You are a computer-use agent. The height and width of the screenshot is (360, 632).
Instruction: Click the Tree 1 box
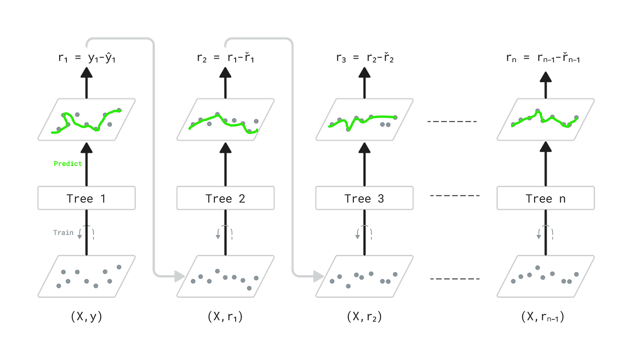pos(87,198)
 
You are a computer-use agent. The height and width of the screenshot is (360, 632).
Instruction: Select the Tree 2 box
pos(225,198)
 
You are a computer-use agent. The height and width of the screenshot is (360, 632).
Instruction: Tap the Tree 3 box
pos(364,198)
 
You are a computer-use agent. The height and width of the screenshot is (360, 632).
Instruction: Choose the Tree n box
pos(546,198)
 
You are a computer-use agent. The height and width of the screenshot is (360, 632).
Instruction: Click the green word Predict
pos(68,163)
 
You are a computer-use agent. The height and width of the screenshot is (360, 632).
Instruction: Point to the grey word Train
pos(63,232)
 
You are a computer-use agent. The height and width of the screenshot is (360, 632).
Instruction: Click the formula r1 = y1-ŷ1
pos(87,58)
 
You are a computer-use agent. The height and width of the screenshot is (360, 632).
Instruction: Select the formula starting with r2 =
pos(226,58)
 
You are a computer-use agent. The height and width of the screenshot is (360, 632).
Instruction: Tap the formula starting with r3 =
pos(365,58)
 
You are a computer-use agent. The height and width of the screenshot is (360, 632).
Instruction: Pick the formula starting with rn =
pos(543,58)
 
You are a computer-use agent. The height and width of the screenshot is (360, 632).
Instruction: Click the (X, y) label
pos(86,316)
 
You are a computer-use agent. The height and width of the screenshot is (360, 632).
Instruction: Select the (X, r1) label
pos(225,316)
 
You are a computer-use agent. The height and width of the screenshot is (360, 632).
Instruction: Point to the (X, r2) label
pos(364,316)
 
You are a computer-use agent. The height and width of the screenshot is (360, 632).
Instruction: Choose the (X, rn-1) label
pos(543,316)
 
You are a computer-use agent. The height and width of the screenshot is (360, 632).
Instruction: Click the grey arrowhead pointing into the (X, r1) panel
pos(179,276)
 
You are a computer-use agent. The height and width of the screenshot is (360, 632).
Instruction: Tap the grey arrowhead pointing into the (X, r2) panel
pos(318,276)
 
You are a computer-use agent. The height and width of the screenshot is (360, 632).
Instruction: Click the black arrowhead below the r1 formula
pos(87,73)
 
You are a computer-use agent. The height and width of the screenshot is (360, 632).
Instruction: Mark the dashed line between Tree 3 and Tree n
pos(455,195)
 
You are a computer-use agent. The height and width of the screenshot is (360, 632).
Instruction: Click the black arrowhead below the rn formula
pos(546,77)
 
